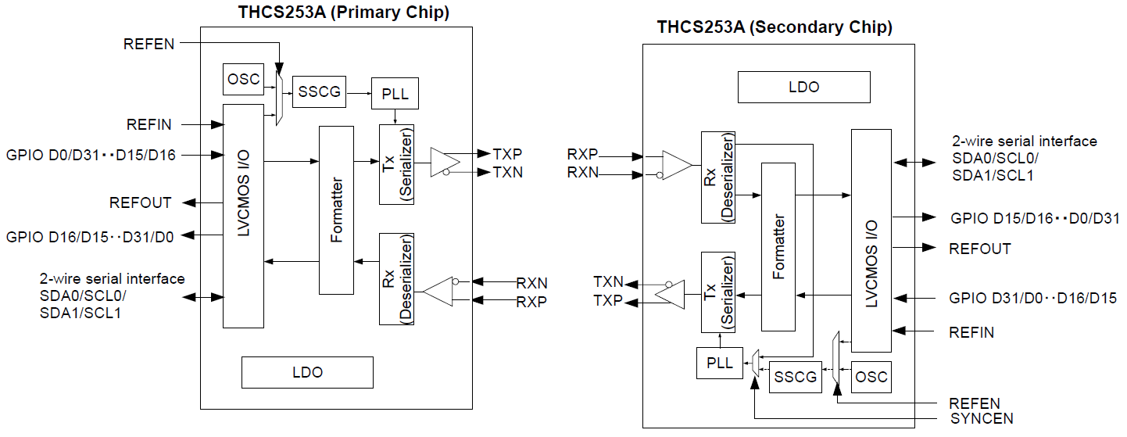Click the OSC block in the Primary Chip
click(241, 79)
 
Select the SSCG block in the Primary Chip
click(319, 92)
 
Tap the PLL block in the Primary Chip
click(395, 93)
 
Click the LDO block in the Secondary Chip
click(803, 87)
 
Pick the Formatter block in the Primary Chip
click(337, 210)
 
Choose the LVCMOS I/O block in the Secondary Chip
click(871, 240)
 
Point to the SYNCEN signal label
click(975, 419)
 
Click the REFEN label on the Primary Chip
click(149, 44)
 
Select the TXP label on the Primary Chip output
click(508, 153)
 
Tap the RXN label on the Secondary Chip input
click(583, 173)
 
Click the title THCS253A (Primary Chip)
click(344, 13)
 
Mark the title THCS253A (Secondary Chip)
click(775, 27)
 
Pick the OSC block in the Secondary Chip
click(871, 377)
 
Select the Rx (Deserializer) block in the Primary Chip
click(396, 278)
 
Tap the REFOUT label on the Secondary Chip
click(979, 249)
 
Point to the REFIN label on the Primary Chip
click(149, 124)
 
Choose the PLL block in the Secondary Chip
click(719, 364)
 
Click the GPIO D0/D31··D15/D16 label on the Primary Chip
click(91, 155)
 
